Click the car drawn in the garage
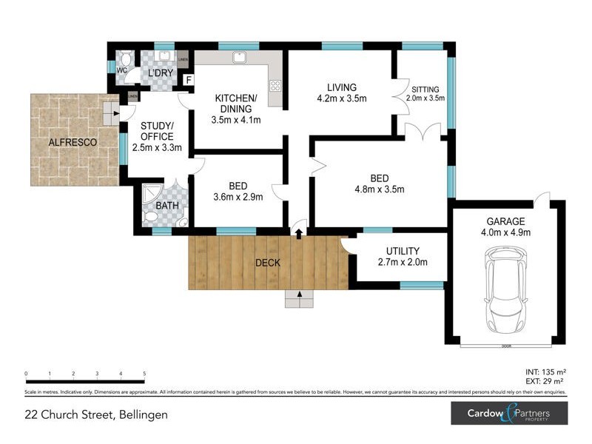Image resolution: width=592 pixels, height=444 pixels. [x=505, y=289]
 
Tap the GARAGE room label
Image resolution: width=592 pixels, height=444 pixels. [x=506, y=221]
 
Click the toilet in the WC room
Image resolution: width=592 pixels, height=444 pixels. [x=126, y=58]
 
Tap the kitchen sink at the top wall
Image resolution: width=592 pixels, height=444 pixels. [x=240, y=57]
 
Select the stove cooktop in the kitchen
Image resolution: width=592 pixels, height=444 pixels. [x=275, y=86]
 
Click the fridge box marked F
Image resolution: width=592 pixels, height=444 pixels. [x=189, y=80]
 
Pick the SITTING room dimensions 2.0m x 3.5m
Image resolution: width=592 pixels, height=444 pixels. [x=425, y=98]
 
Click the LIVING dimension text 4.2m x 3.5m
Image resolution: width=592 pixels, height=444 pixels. [x=342, y=98]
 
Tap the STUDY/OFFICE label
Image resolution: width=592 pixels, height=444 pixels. [x=157, y=131]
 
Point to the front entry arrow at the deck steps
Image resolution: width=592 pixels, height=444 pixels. [x=299, y=295]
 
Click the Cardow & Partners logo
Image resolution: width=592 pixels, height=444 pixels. [x=509, y=413]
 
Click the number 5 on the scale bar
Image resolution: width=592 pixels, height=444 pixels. [x=144, y=374]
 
